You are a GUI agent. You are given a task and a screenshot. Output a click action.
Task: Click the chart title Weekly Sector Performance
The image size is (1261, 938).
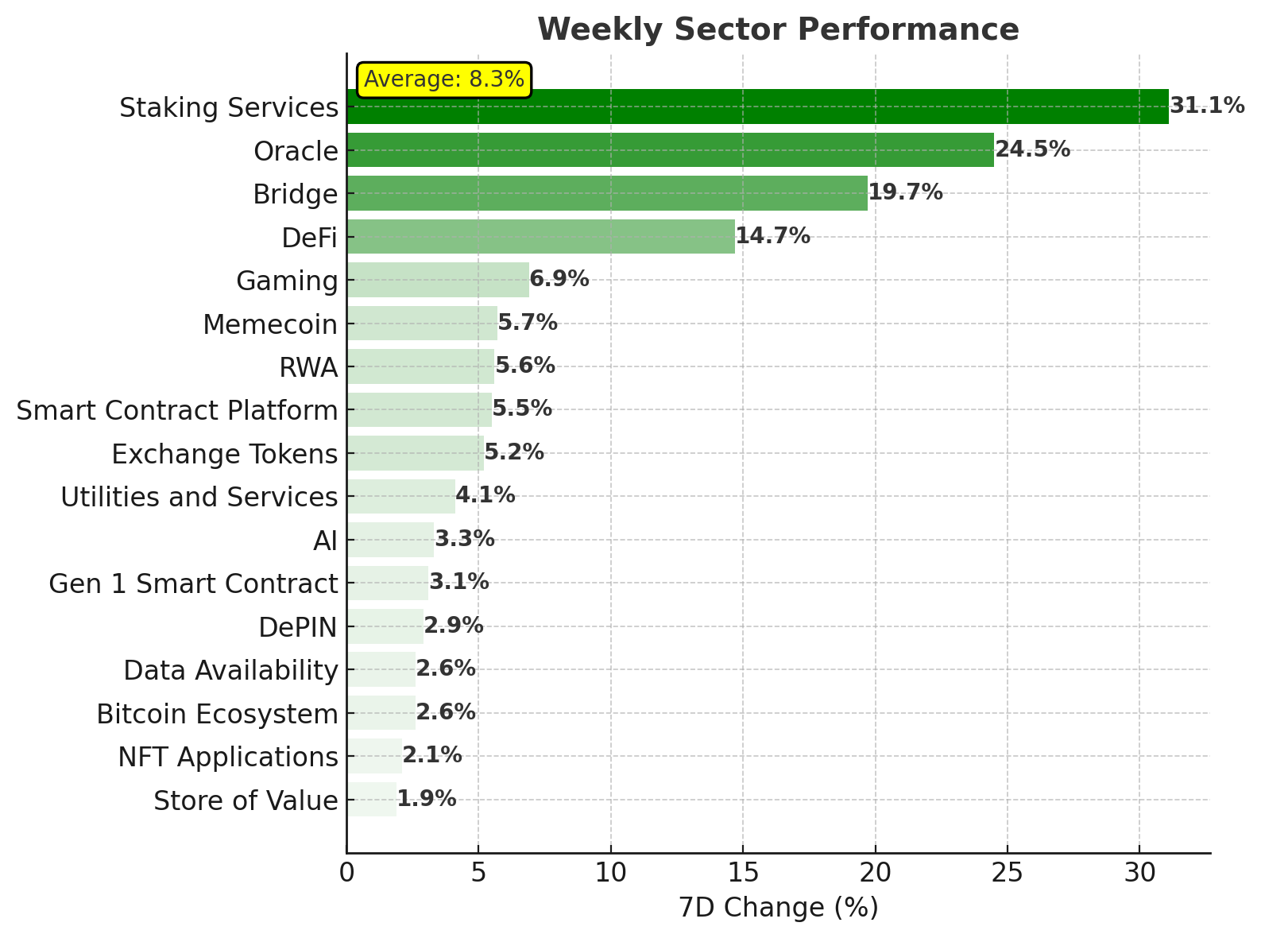pyautogui.click(x=778, y=30)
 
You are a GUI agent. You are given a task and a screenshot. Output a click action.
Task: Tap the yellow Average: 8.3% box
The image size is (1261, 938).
pyautogui.click(x=444, y=79)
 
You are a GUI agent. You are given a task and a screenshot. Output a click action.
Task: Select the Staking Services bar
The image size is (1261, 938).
pyautogui.click(x=757, y=107)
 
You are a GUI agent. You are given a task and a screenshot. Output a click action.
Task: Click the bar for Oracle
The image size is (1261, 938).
pyautogui.click(x=670, y=150)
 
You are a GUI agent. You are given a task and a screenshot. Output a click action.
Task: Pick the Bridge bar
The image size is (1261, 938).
pyautogui.click(x=607, y=193)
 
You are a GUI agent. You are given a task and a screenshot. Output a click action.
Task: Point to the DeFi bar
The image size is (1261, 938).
pyautogui.click(x=540, y=236)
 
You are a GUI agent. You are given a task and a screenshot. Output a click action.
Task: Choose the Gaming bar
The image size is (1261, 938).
pyautogui.click(x=438, y=280)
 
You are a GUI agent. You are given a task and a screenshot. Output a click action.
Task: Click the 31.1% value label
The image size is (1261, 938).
pyautogui.click(x=1207, y=106)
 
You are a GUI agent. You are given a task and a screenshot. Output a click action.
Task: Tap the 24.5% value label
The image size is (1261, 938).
pyautogui.click(x=1032, y=149)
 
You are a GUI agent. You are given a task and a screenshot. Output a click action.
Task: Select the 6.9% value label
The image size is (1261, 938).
pyautogui.click(x=559, y=279)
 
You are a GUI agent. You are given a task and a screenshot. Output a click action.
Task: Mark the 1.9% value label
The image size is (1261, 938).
pyautogui.click(x=427, y=799)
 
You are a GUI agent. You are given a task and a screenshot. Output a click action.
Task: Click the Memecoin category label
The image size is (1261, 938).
pyautogui.click(x=270, y=324)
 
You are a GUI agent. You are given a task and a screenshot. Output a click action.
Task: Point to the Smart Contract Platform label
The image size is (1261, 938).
pyautogui.click(x=177, y=411)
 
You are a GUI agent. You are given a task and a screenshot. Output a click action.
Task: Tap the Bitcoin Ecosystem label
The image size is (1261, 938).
pyautogui.click(x=217, y=714)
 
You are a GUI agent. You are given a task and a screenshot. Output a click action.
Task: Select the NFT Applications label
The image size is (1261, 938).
pyautogui.click(x=228, y=757)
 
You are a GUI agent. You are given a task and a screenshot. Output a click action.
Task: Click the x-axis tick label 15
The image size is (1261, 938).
pyautogui.click(x=742, y=874)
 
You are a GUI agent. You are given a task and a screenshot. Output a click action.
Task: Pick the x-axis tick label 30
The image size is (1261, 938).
pyautogui.click(x=1139, y=874)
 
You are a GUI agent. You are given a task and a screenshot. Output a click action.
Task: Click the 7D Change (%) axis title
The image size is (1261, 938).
pyautogui.click(x=778, y=908)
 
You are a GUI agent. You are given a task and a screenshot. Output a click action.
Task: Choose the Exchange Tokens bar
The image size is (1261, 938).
pyautogui.click(x=415, y=453)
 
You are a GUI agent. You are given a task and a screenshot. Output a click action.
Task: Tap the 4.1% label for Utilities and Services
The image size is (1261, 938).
pyautogui.click(x=485, y=495)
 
